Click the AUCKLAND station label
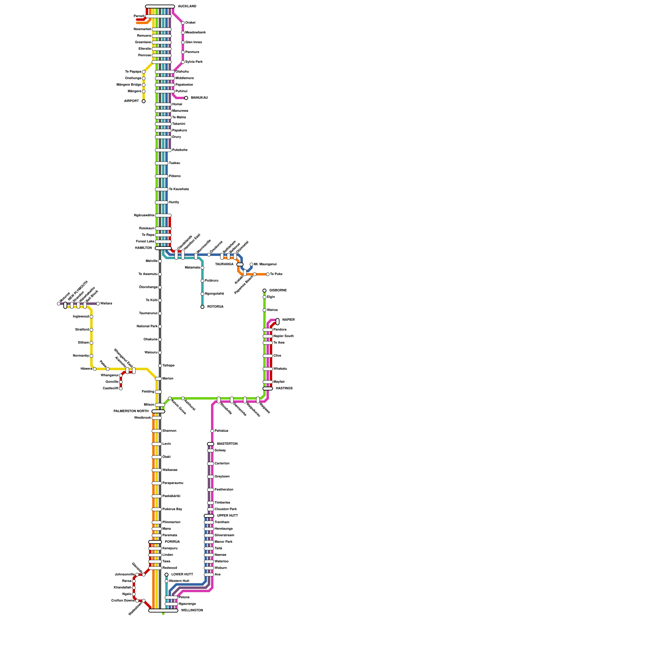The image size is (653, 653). click(187, 7)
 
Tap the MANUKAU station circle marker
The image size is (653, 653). click(186, 98)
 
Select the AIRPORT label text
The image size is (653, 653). click(131, 101)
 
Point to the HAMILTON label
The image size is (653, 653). click(143, 248)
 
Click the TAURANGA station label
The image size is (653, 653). click(224, 264)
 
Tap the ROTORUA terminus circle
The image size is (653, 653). click(202, 307)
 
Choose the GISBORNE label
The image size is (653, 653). click(278, 291)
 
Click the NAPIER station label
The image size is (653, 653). click(288, 320)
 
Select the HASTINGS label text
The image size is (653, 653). click(284, 389)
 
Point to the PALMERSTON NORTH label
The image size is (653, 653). click(131, 411)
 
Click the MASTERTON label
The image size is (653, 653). click(227, 444)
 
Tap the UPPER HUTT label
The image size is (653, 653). click(227, 516)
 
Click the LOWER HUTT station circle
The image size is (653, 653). click(167, 575)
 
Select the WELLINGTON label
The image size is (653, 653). click(192, 611)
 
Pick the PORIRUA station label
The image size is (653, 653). click(172, 542)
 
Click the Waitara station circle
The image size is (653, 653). click(98, 304)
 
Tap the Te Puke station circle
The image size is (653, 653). click(268, 274)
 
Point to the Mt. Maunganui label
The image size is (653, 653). click(265, 264)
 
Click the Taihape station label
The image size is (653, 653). click(168, 366)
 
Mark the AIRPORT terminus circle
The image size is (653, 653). click(144, 101)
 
